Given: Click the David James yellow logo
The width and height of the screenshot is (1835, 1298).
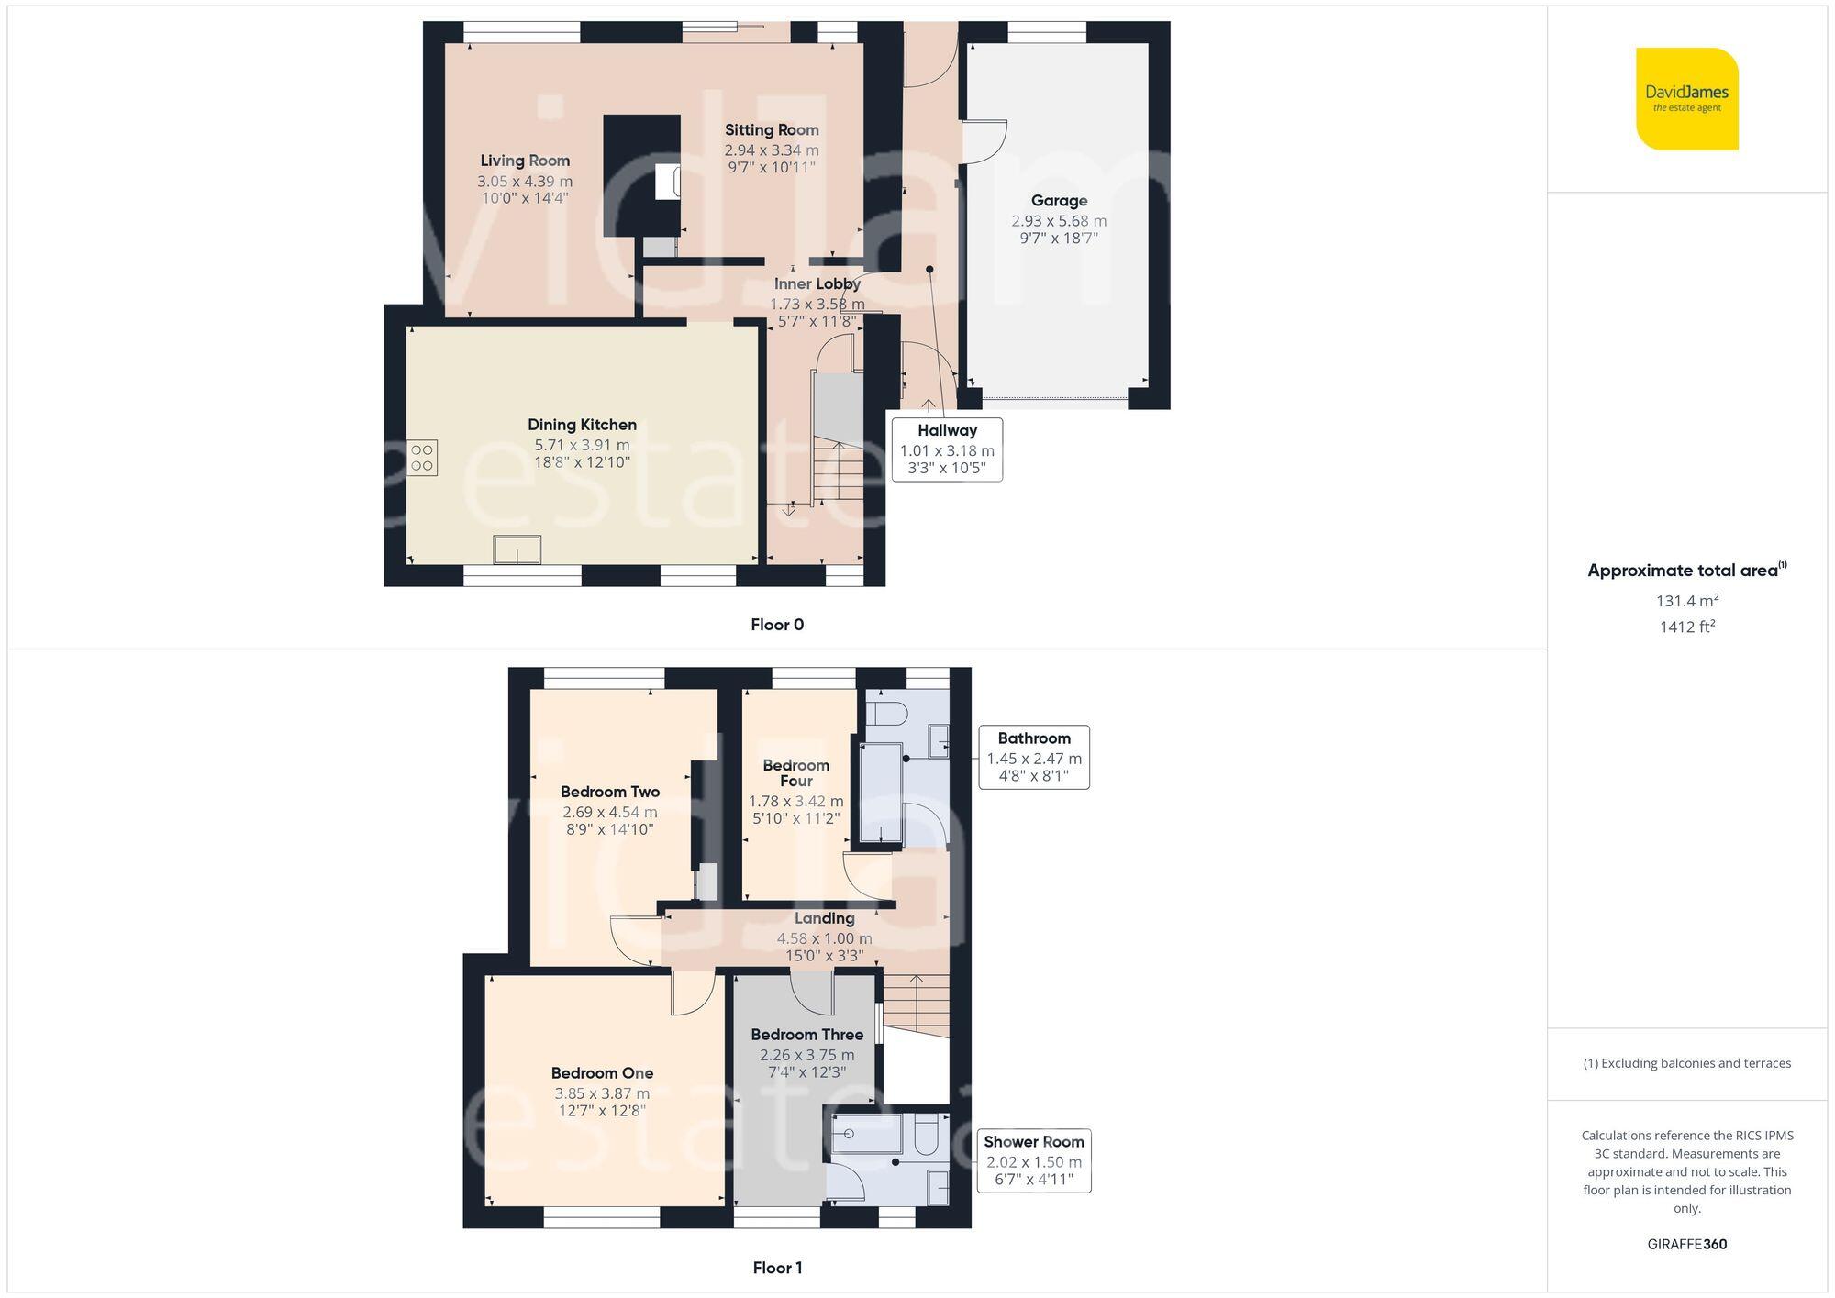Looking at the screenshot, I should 1686,99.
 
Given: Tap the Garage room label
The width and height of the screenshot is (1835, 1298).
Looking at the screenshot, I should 1059,201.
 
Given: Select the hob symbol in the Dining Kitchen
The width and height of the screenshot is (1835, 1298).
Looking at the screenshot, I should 422,458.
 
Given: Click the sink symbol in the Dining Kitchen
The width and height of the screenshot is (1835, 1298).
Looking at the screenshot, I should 517,549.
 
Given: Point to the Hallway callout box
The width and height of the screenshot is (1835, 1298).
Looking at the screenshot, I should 947,449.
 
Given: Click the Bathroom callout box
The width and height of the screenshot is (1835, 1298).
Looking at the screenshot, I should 1034,757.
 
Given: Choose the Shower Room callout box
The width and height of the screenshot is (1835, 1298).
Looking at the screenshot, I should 1034,1160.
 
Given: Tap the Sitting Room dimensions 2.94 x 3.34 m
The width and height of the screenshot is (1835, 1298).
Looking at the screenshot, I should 772,150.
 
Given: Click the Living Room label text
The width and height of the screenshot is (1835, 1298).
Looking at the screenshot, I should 525,161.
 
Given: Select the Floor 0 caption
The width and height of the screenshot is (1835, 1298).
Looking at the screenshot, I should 776,625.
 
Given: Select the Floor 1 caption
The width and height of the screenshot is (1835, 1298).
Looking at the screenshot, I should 776,1268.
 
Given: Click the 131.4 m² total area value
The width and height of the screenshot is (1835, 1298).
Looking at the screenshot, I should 1686,601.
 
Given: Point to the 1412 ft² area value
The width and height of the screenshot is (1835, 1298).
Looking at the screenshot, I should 1686,627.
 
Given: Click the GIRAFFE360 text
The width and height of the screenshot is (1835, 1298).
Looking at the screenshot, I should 1686,1244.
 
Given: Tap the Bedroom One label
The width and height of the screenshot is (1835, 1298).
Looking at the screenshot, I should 602,1072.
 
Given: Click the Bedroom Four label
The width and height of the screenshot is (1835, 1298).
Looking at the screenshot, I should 795,772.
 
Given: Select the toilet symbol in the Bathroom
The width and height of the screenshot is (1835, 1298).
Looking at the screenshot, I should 887,712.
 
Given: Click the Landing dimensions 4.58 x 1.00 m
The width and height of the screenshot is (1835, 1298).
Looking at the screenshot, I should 824,938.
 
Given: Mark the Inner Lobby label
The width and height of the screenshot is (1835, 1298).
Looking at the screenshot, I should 817,284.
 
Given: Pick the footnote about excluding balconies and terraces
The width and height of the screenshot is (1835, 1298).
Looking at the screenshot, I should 1686,1063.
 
